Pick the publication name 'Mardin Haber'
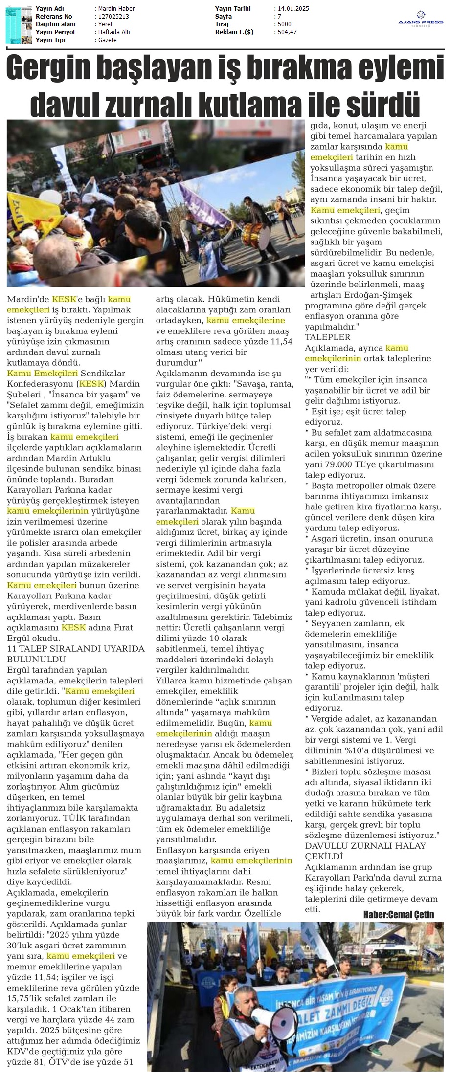(x=116, y=9)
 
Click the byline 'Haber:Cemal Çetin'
(x=398, y=915)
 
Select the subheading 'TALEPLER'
(x=321, y=337)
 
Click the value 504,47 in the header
(x=286, y=32)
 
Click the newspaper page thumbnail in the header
(x=18, y=24)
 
